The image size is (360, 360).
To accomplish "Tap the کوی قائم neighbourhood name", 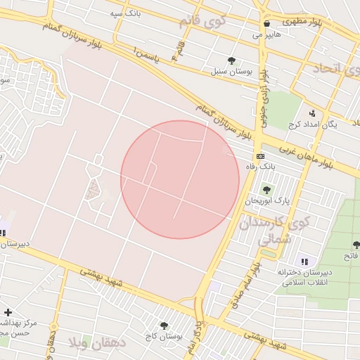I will tap(212, 22).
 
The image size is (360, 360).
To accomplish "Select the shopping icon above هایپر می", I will tap(266, 23).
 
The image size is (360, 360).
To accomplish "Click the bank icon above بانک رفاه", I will tap(260, 155).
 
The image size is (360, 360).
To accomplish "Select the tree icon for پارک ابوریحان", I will tap(266, 189).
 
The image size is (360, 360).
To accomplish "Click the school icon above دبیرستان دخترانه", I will tap(304, 261).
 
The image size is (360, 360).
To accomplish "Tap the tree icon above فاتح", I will tap(356, 245).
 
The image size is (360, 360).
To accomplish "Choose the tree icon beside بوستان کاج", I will tap(164, 326).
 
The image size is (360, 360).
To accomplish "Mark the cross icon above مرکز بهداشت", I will tap(7, 312).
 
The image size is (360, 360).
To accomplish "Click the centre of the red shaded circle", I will tap(180, 179).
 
